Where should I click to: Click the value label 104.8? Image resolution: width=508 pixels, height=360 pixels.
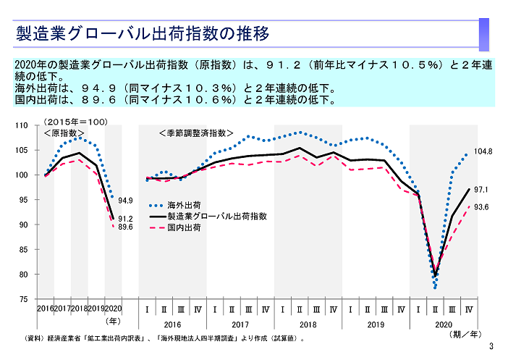coord(483,152)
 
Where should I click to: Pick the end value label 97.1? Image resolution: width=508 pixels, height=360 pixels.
coord(481,190)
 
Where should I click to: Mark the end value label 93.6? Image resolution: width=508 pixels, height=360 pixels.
coord(481,207)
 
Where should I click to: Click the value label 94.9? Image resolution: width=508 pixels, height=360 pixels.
coord(126,201)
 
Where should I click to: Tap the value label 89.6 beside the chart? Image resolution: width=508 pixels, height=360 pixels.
coord(126,227)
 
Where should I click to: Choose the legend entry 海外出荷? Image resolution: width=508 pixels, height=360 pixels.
coord(184,205)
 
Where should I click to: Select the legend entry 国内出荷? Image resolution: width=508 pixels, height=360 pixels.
coord(184,227)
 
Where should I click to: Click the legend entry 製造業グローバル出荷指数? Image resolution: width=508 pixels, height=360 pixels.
coord(217,216)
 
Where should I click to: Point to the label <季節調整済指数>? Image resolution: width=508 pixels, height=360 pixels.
coord(196,133)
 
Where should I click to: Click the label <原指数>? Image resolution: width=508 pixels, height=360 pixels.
coord(64,133)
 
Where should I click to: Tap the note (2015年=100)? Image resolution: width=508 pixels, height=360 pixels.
coord(76,122)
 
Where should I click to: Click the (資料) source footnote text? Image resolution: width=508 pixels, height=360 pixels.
coord(164,338)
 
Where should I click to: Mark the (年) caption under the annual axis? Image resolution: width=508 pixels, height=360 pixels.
coord(113,319)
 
